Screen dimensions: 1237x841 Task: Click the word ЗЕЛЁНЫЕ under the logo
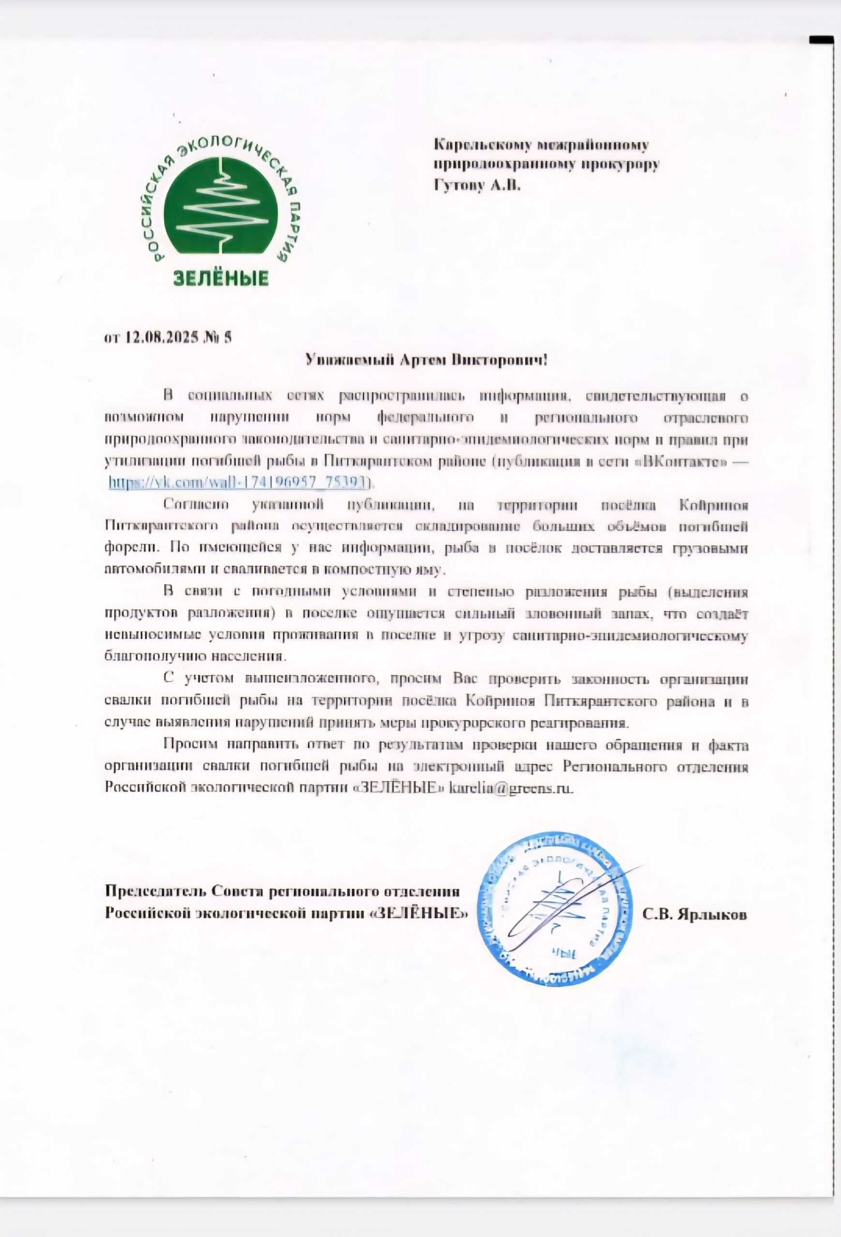tap(221, 278)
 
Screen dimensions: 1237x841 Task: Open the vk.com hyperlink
tap(238, 482)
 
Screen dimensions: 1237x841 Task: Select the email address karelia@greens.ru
tap(511, 787)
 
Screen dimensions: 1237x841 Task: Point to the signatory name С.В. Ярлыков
tap(694, 914)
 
